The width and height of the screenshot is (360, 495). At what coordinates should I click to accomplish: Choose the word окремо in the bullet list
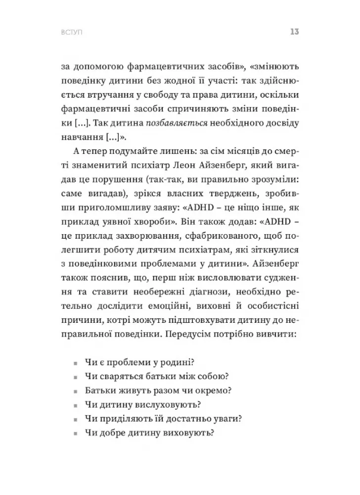(202, 391)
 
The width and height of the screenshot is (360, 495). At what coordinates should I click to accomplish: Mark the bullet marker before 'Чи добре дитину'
(75, 434)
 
